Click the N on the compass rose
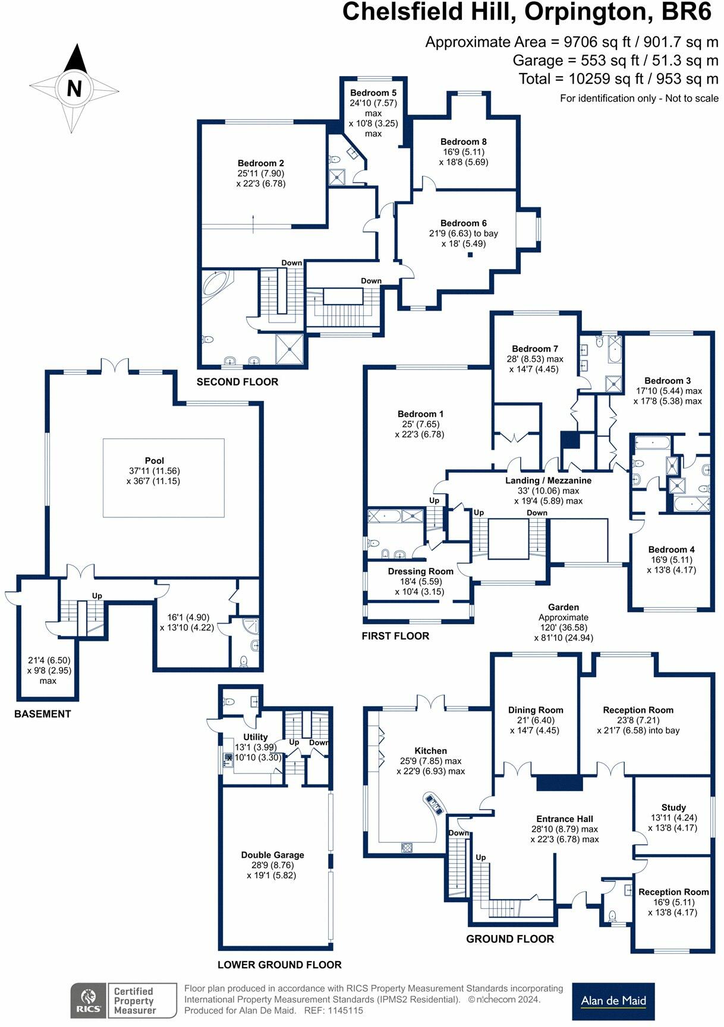click(x=74, y=89)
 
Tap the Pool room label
click(x=155, y=460)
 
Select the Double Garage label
click(x=272, y=855)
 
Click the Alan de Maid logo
click(x=613, y=1001)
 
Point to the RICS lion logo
click(x=89, y=1001)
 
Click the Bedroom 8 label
click(x=464, y=141)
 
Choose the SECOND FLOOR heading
click(x=237, y=382)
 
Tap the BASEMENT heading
click(x=43, y=714)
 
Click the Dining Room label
click(x=536, y=710)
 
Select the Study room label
click(x=673, y=807)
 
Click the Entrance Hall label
click(x=565, y=819)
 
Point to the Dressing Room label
click(x=420, y=571)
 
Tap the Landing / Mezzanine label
click(x=548, y=481)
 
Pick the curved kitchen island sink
click(x=434, y=803)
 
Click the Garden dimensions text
click(x=564, y=628)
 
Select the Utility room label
click(x=256, y=737)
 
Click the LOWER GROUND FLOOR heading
click(x=279, y=965)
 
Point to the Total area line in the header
click(x=618, y=79)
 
